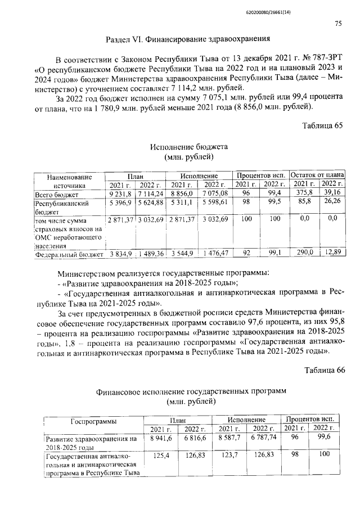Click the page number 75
pos(337,23)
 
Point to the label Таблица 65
pos(322,125)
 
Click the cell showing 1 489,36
pos(150,254)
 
